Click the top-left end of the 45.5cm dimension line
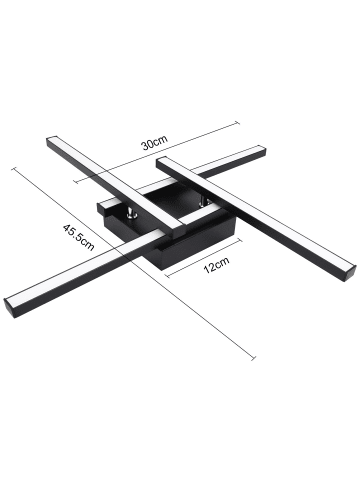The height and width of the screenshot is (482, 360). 12,166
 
